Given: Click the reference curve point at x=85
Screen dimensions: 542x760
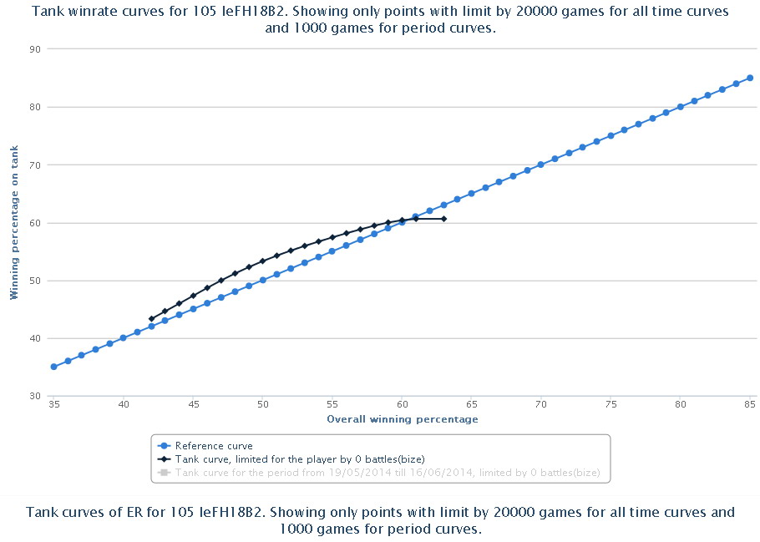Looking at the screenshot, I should [750, 78].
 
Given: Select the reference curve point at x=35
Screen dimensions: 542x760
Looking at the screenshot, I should [53, 367].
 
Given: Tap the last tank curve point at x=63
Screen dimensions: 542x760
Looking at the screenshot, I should [443, 219].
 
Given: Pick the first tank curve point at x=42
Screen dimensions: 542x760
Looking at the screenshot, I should [151, 319].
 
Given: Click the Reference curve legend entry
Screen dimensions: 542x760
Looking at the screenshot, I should [214, 446].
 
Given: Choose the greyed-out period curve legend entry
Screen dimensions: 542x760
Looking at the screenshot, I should [388, 473].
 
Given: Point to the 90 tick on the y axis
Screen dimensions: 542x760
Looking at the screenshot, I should [35, 49].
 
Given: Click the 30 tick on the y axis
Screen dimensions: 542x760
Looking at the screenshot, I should [35, 397].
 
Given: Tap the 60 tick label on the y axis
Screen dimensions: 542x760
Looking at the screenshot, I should [35, 223].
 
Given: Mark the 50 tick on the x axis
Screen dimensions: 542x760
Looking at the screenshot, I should [262, 405].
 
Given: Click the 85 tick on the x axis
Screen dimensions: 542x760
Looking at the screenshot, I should [750, 405].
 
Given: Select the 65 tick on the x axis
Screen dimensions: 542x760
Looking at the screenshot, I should [471, 405].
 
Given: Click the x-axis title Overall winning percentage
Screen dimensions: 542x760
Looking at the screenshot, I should [402, 419].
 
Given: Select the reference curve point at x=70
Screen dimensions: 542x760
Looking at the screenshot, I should [541, 165].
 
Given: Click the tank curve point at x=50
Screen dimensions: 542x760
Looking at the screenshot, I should [262, 261].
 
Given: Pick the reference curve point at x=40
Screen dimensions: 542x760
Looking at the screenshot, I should [124, 338].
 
